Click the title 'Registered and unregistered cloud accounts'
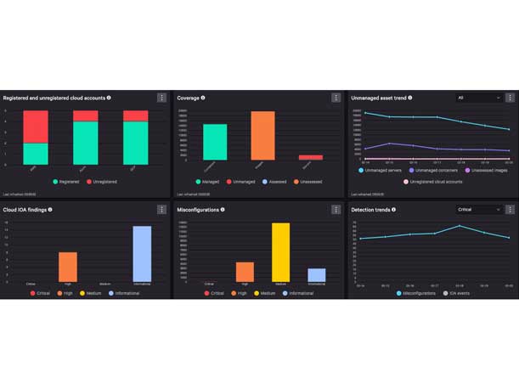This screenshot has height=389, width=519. pos(54,98)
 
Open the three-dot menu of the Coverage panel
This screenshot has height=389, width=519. pos(336,98)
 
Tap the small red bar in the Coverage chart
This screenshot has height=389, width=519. pos(310,157)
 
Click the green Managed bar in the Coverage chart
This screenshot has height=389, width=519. pos(215,142)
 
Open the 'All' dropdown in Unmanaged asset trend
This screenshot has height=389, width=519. pos(479,98)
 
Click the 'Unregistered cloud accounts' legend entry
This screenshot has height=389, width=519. pos(432,181)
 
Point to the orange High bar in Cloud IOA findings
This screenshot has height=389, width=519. pos(68,267)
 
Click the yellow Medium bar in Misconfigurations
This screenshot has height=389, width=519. pos(280,252)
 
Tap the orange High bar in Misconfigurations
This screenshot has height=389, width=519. pos(245,272)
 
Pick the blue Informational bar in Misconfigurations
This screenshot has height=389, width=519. pos(316,274)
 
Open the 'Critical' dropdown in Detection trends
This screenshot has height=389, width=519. pos(479,209)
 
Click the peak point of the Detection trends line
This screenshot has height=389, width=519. pos(460,226)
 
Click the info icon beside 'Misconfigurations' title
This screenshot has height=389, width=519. pos(223,209)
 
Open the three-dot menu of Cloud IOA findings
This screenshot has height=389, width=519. pos(161,209)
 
